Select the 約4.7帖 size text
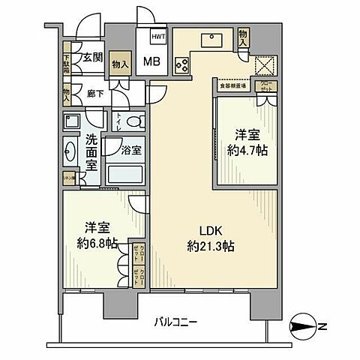click(x=247, y=149)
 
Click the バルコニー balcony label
click(x=176, y=322)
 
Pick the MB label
click(x=151, y=61)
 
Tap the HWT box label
click(x=158, y=35)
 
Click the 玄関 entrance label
click(x=93, y=57)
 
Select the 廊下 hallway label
click(x=94, y=94)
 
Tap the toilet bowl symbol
click(x=133, y=121)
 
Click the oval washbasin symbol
click(x=69, y=153)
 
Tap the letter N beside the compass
click(x=323, y=325)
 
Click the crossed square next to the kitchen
click(x=265, y=66)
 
